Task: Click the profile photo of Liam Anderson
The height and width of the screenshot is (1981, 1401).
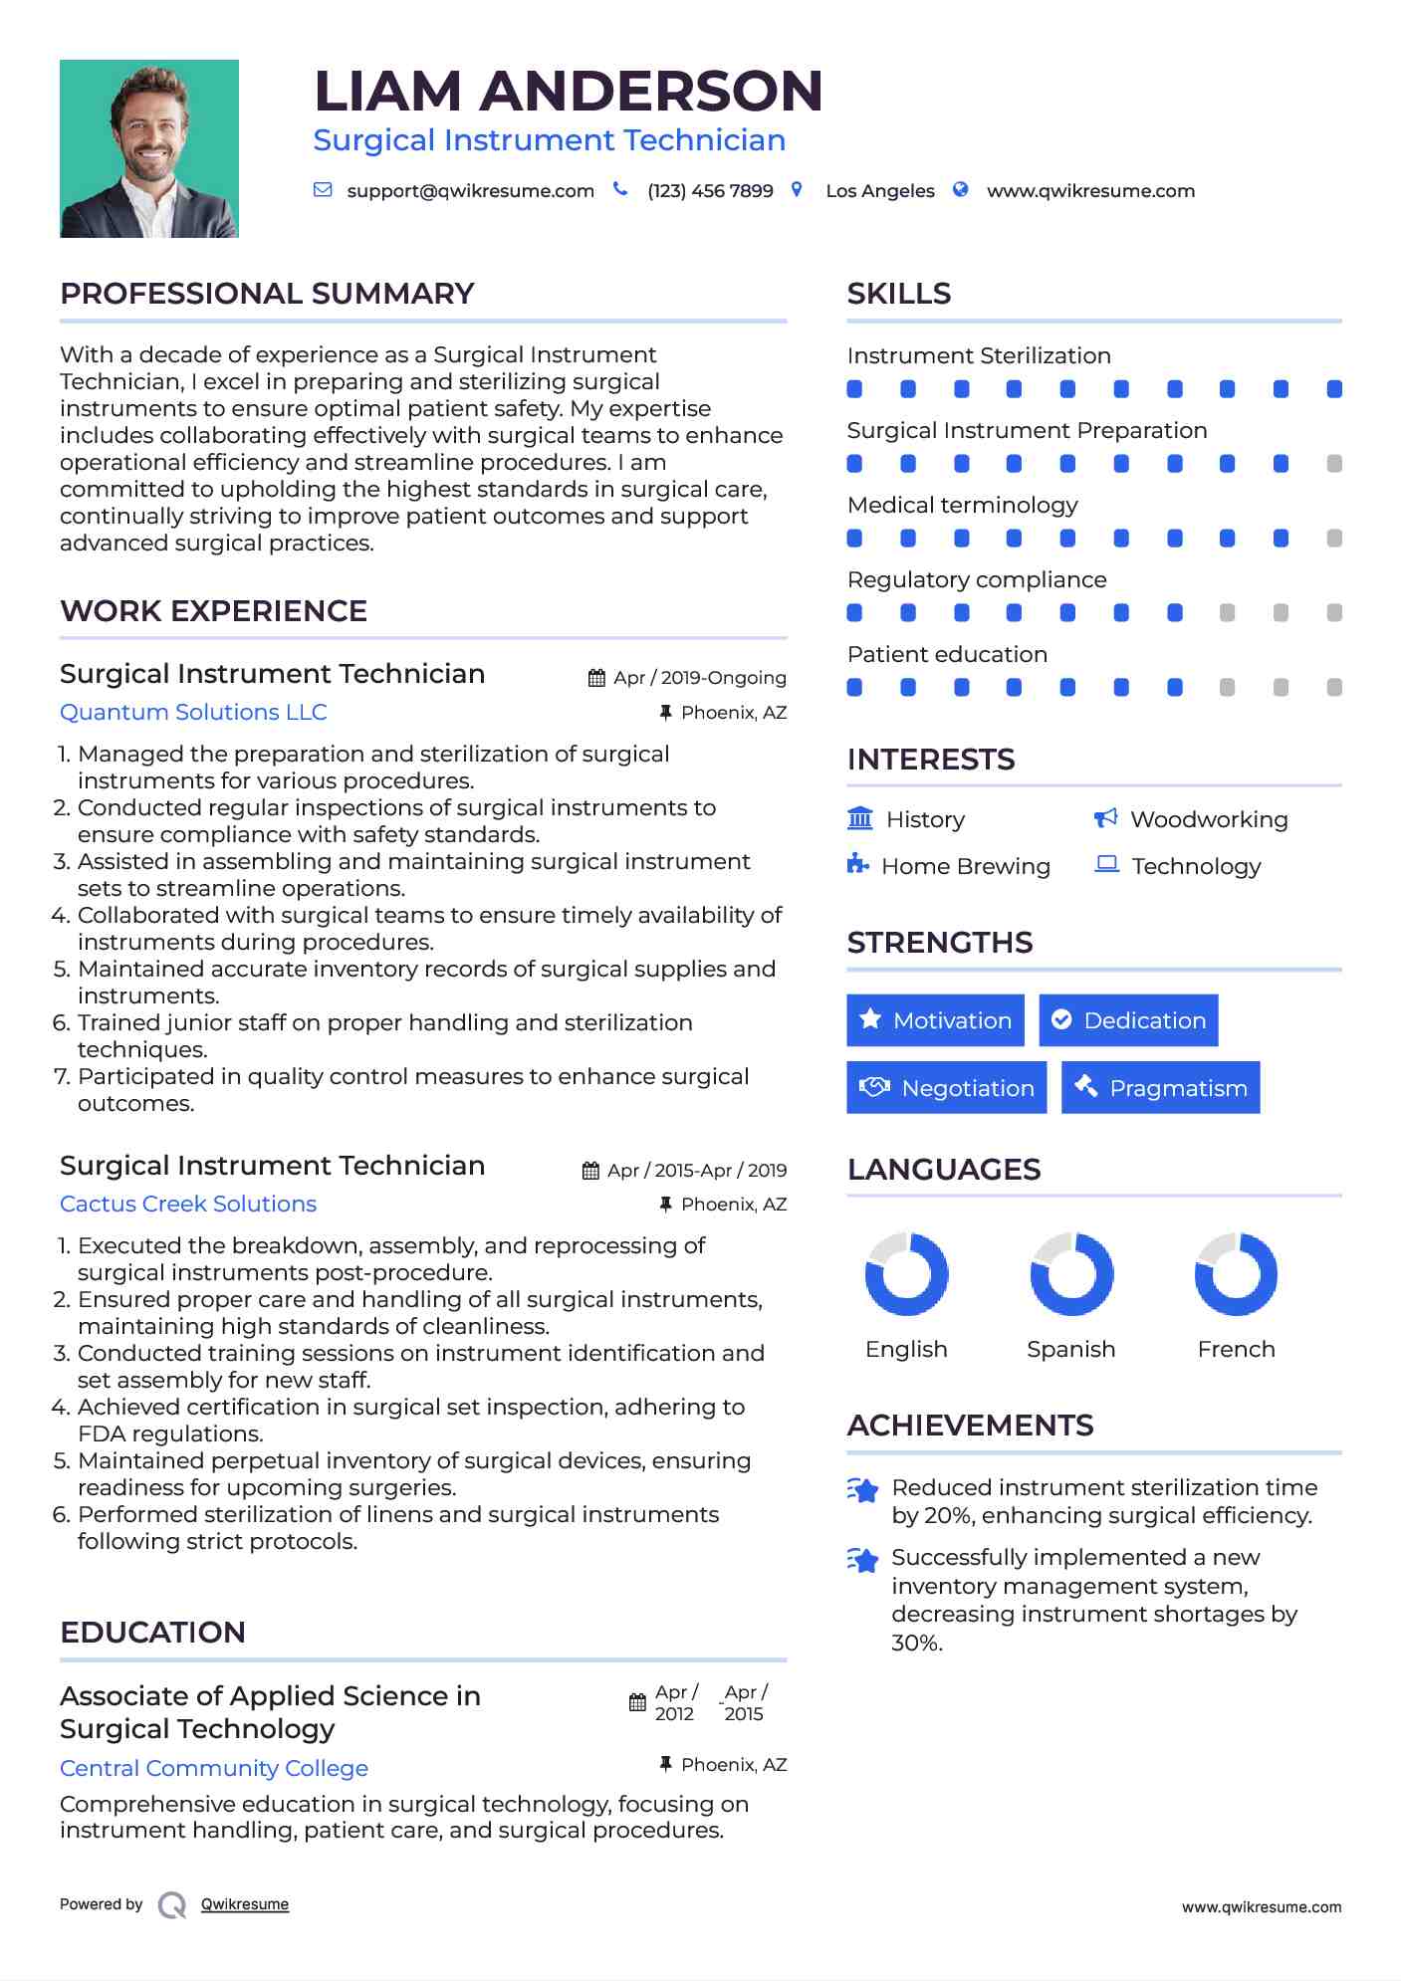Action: (x=149, y=148)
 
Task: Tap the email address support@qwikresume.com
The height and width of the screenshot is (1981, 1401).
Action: (x=470, y=191)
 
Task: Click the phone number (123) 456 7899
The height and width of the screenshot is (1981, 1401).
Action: (x=710, y=191)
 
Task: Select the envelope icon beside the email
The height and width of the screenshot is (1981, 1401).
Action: (x=323, y=190)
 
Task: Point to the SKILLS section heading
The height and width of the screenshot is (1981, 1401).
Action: (x=898, y=294)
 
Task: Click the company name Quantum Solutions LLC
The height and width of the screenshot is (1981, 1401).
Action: (x=193, y=713)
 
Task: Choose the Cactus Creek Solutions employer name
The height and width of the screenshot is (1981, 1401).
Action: (x=188, y=1205)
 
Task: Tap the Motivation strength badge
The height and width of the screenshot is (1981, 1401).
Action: (x=935, y=1020)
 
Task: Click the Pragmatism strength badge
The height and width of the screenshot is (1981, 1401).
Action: (x=1160, y=1088)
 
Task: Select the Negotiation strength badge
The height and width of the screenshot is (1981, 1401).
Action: (x=946, y=1088)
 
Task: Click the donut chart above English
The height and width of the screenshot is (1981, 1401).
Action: (x=906, y=1274)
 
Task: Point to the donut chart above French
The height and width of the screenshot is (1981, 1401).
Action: (x=1236, y=1274)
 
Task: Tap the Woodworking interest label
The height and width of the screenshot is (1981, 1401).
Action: (x=1209, y=820)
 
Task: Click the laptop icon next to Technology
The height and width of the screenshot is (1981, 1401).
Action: (x=1106, y=864)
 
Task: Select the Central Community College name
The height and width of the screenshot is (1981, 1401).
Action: (x=214, y=1769)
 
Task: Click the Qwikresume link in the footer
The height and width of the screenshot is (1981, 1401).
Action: (x=245, y=1904)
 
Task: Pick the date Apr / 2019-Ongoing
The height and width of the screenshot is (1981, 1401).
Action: (x=699, y=678)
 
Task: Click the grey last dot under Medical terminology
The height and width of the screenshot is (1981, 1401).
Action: (x=1334, y=539)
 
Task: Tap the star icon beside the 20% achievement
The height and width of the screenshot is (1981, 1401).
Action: (x=862, y=1490)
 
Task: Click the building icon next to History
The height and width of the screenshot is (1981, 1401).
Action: (x=860, y=818)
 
